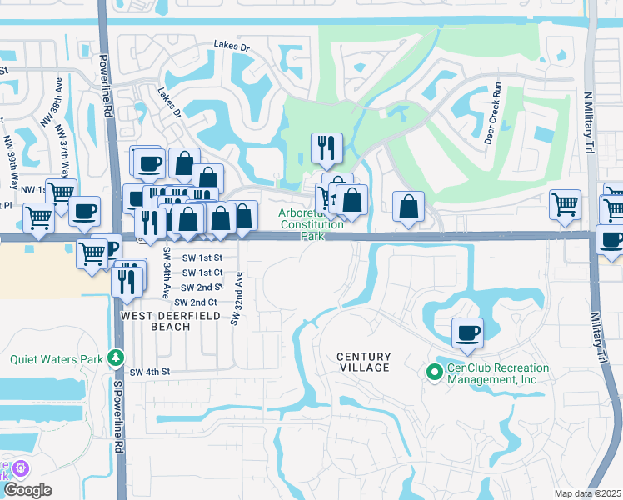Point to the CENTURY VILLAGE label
(x=363, y=362)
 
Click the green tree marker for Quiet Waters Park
(x=117, y=359)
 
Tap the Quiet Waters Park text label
(x=57, y=360)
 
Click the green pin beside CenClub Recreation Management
(x=433, y=372)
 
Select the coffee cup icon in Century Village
(x=467, y=332)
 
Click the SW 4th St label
(x=149, y=371)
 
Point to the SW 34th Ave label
(x=166, y=273)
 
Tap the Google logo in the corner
(x=27, y=490)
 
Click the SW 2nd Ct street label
(x=196, y=302)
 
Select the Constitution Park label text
(x=311, y=230)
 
